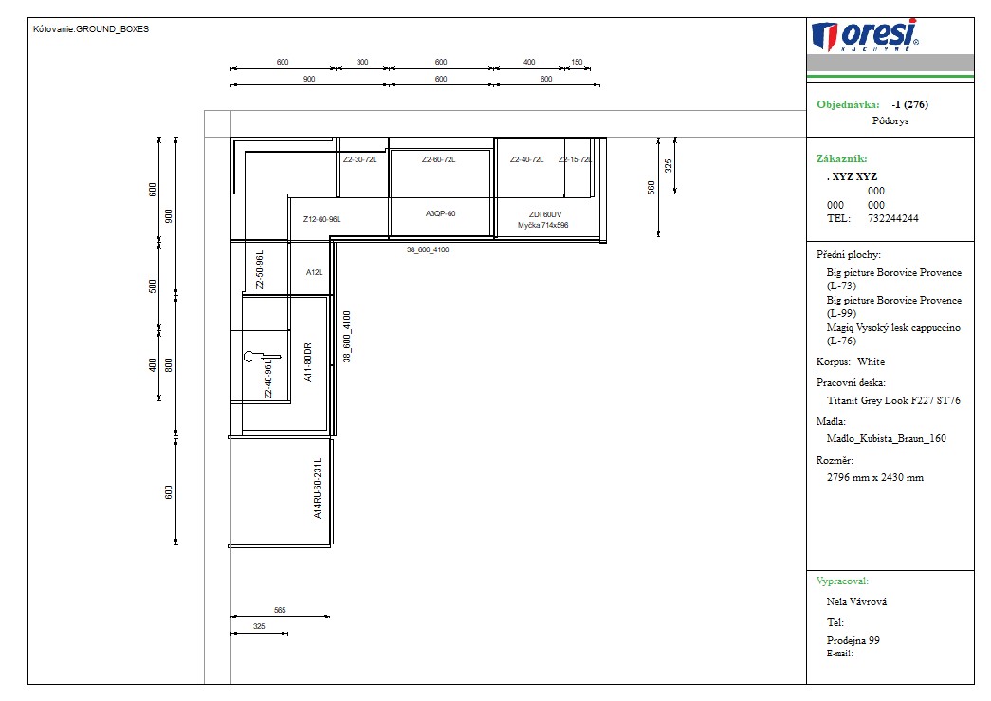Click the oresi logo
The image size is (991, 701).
click(x=865, y=35)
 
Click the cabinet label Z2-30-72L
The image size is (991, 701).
click(x=359, y=160)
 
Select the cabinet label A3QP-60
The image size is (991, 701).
click(x=441, y=213)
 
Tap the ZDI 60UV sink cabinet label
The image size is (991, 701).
click(x=544, y=215)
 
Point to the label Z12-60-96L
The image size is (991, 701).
click(x=321, y=219)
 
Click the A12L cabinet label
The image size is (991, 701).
click(x=314, y=272)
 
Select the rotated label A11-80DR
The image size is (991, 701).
click(x=308, y=362)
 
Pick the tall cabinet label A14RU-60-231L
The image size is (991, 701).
click(x=318, y=488)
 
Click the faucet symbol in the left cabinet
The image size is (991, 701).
click(x=262, y=357)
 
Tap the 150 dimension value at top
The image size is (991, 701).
click(x=577, y=62)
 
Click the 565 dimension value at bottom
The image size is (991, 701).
click(x=280, y=611)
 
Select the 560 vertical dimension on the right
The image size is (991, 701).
click(x=651, y=188)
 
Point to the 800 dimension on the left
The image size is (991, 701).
click(x=169, y=364)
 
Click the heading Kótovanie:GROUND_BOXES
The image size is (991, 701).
click(x=91, y=29)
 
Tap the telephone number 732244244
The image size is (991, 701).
click(x=893, y=219)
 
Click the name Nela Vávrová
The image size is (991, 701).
click(x=856, y=601)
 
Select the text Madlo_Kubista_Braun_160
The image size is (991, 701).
click(x=886, y=438)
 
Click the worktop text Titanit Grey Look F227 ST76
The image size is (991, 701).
click(x=893, y=400)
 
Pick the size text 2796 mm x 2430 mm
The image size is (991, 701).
click(x=874, y=478)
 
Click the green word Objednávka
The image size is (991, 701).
click(x=848, y=105)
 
